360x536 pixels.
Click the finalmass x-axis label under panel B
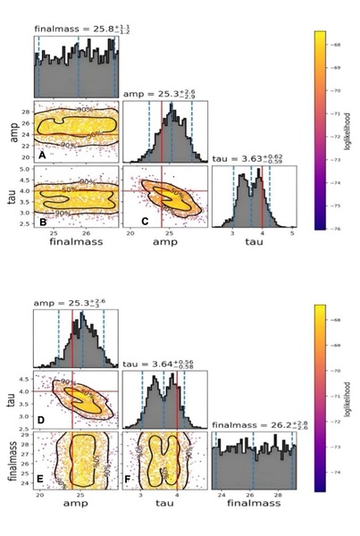pos(75,244)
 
